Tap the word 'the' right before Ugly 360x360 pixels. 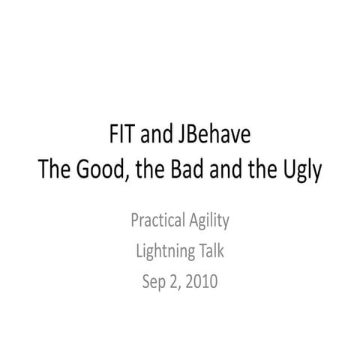262,171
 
